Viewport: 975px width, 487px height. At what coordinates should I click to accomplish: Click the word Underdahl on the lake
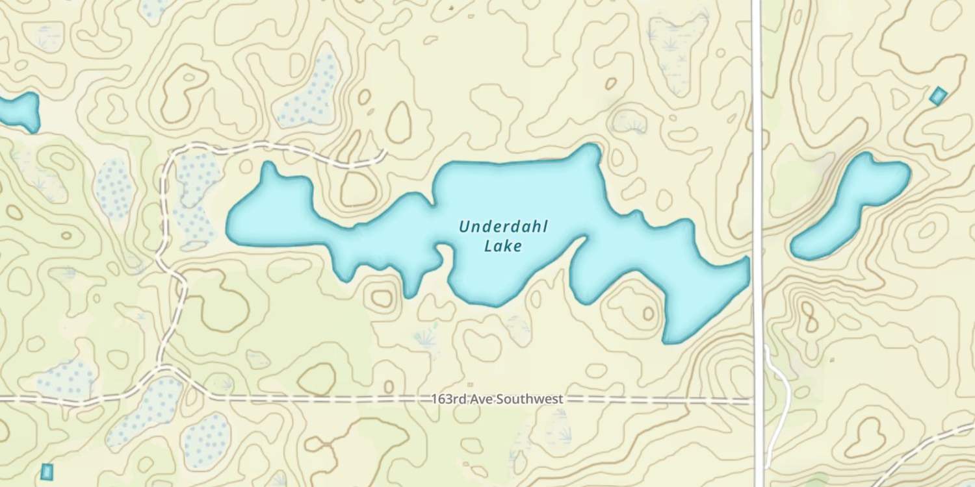tap(503, 227)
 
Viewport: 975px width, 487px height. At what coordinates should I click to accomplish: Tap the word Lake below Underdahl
tap(503, 246)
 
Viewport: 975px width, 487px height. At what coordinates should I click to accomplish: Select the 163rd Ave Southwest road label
tap(497, 399)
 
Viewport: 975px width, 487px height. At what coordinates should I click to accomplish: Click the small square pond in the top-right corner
tap(938, 96)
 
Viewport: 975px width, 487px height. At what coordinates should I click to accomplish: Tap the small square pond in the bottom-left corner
tap(46, 471)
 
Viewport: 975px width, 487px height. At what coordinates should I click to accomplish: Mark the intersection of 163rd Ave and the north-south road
tap(757, 401)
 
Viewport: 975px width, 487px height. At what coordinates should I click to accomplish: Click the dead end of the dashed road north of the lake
tap(385, 153)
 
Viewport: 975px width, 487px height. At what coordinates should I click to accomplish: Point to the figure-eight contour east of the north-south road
tap(809, 318)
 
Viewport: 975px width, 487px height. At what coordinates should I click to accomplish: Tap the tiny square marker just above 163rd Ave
tap(471, 384)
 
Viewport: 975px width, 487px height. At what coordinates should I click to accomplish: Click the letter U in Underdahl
tap(464, 227)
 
